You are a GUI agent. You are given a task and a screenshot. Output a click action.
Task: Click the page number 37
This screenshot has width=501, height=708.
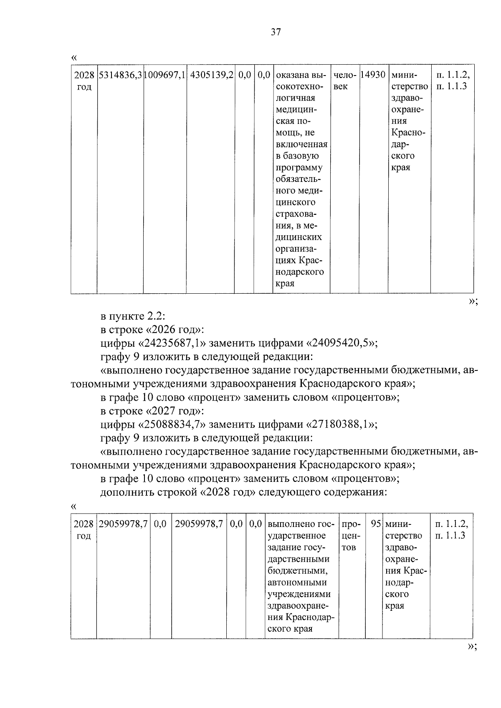pos(276,32)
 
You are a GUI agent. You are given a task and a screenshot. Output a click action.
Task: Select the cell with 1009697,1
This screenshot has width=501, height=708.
pos(165,76)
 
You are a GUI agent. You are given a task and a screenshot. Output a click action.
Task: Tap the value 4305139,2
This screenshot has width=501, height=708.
pos(211,76)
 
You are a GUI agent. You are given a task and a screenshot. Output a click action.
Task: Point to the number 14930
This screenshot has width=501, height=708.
pos(373,76)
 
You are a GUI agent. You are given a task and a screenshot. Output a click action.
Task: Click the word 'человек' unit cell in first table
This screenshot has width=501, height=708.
pos(344,81)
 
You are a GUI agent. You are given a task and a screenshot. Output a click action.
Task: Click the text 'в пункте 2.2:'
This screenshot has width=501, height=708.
pos(133,316)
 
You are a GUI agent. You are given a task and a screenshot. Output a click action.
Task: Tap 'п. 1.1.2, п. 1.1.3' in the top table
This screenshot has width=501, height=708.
pos(452,81)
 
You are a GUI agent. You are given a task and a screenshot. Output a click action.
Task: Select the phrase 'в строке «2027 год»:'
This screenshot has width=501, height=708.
pos(152,411)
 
